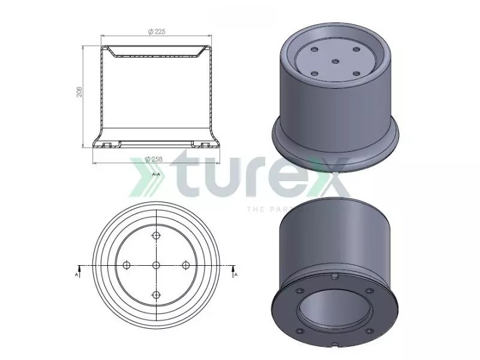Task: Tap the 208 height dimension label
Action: click(79, 91)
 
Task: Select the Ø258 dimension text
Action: click(155, 158)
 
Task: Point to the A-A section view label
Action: click(156, 174)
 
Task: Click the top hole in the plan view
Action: click(156, 236)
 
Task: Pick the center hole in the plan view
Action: click(156, 265)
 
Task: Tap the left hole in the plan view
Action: click(127, 265)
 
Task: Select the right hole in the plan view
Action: click(185, 265)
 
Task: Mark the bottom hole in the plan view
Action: click(156, 295)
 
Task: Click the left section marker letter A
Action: click(76, 274)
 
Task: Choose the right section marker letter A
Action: click(235, 274)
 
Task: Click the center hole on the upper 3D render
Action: click(335, 61)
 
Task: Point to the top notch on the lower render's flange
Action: click(334, 277)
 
